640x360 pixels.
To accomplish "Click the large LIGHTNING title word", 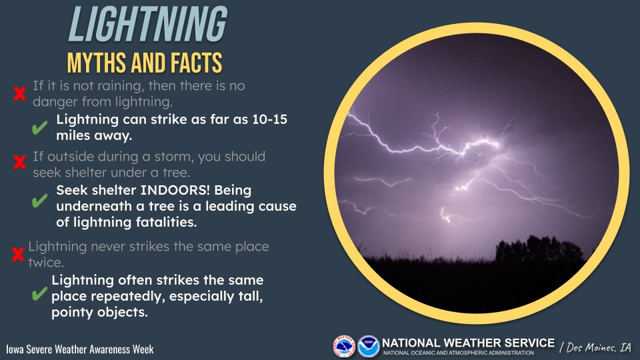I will point(147,27).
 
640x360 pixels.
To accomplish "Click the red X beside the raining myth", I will point(19,95).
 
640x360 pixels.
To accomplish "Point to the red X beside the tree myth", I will point(19,162).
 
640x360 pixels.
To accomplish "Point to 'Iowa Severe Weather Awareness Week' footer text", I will point(79,349).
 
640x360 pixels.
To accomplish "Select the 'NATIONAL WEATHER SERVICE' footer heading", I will point(468,343).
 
